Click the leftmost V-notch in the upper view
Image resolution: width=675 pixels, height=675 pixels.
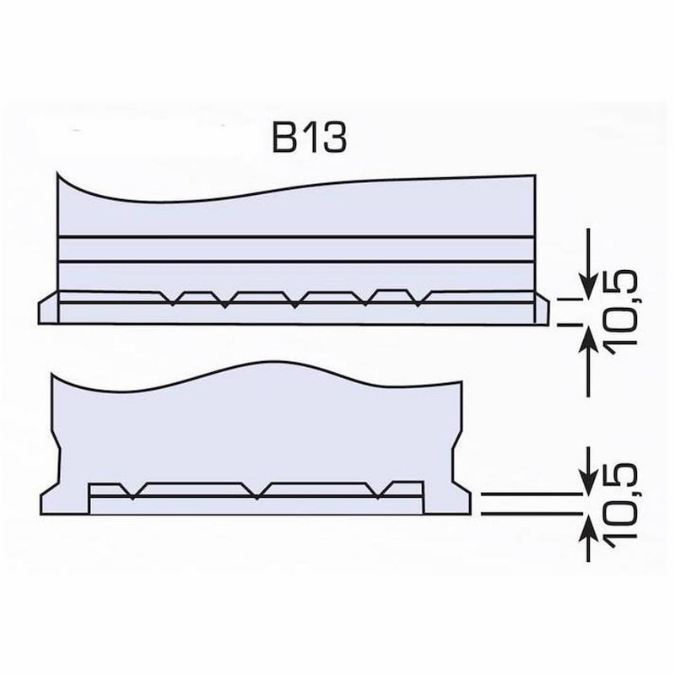172,302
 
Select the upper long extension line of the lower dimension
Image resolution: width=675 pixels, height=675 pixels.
527,494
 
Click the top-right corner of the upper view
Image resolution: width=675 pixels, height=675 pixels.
533,177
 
